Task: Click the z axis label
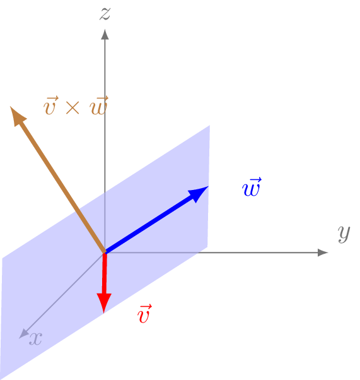tap(105, 14)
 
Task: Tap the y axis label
tap(344, 233)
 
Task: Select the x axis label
tap(36, 339)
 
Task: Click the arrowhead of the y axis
tap(323, 252)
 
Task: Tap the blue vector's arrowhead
tap(199, 193)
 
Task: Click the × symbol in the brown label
tap(73, 108)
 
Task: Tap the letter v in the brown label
tap(50, 108)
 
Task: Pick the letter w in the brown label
tap(98, 108)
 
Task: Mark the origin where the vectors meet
tap(105, 252)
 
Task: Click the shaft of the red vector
tap(105, 275)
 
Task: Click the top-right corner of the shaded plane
tap(209, 126)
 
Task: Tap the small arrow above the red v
tap(145, 307)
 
